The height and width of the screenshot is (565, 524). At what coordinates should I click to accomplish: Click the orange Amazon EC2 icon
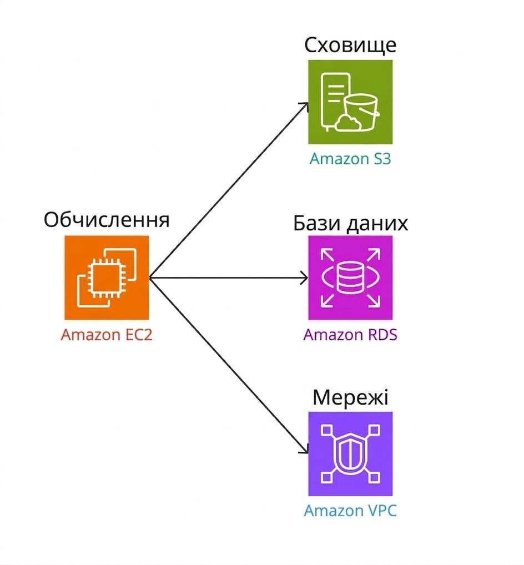pyautogui.click(x=107, y=278)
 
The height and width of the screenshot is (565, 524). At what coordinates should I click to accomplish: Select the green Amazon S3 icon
pyautogui.click(x=350, y=102)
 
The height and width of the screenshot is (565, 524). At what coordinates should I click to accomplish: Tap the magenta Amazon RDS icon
pyautogui.click(x=350, y=278)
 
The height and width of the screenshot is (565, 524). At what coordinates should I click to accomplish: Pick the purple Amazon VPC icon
pyautogui.click(x=350, y=453)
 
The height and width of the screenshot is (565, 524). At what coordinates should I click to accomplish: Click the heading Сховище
pyautogui.click(x=350, y=46)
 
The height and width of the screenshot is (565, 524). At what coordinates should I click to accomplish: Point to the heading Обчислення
pyautogui.click(x=107, y=220)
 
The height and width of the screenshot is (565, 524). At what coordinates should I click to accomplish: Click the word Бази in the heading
pyautogui.click(x=316, y=224)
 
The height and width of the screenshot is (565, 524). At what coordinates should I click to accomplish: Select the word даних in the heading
pyautogui.click(x=377, y=224)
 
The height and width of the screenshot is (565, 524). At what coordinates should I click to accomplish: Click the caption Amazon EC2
pyautogui.click(x=107, y=335)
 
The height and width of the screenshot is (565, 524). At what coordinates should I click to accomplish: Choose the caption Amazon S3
pyautogui.click(x=350, y=159)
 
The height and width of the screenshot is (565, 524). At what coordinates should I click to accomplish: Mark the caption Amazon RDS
pyautogui.click(x=350, y=335)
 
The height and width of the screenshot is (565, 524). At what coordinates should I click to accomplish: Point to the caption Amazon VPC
pyautogui.click(x=350, y=511)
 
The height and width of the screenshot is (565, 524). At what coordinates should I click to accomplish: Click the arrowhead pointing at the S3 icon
pyautogui.click(x=305, y=105)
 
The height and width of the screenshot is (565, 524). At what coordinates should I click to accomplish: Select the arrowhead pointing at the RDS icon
pyautogui.click(x=304, y=278)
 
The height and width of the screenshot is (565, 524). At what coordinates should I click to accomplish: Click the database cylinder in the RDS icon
pyautogui.click(x=350, y=278)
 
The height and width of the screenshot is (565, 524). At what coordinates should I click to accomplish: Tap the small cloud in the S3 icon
pyautogui.click(x=347, y=123)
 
